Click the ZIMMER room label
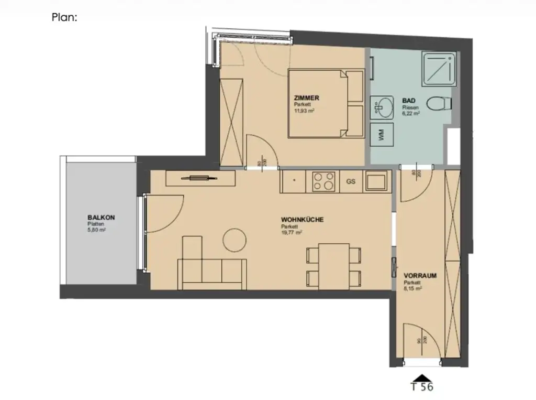coord(306,98)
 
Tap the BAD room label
coord(408,100)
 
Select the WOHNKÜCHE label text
coord(302,220)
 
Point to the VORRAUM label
coord(420,275)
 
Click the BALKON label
coord(101,218)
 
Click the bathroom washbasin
coord(383,108)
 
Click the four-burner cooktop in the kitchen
coord(323,181)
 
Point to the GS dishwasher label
coord(351,182)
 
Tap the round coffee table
coord(234,240)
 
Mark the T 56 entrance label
coord(422,388)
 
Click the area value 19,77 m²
coord(292,233)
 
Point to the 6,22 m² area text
coord(411,113)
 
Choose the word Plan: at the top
coord(65,17)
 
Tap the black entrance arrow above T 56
coord(422,377)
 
